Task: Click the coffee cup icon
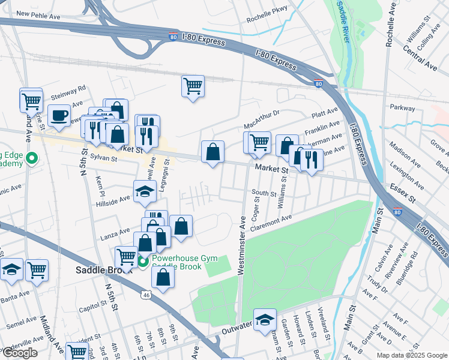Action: (59, 115)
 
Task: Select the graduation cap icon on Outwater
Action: (264, 320)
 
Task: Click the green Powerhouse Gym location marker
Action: (143, 261)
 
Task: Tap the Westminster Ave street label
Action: (242, 246)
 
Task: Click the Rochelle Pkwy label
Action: (267, 18)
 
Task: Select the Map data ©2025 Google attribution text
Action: (412, 355)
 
